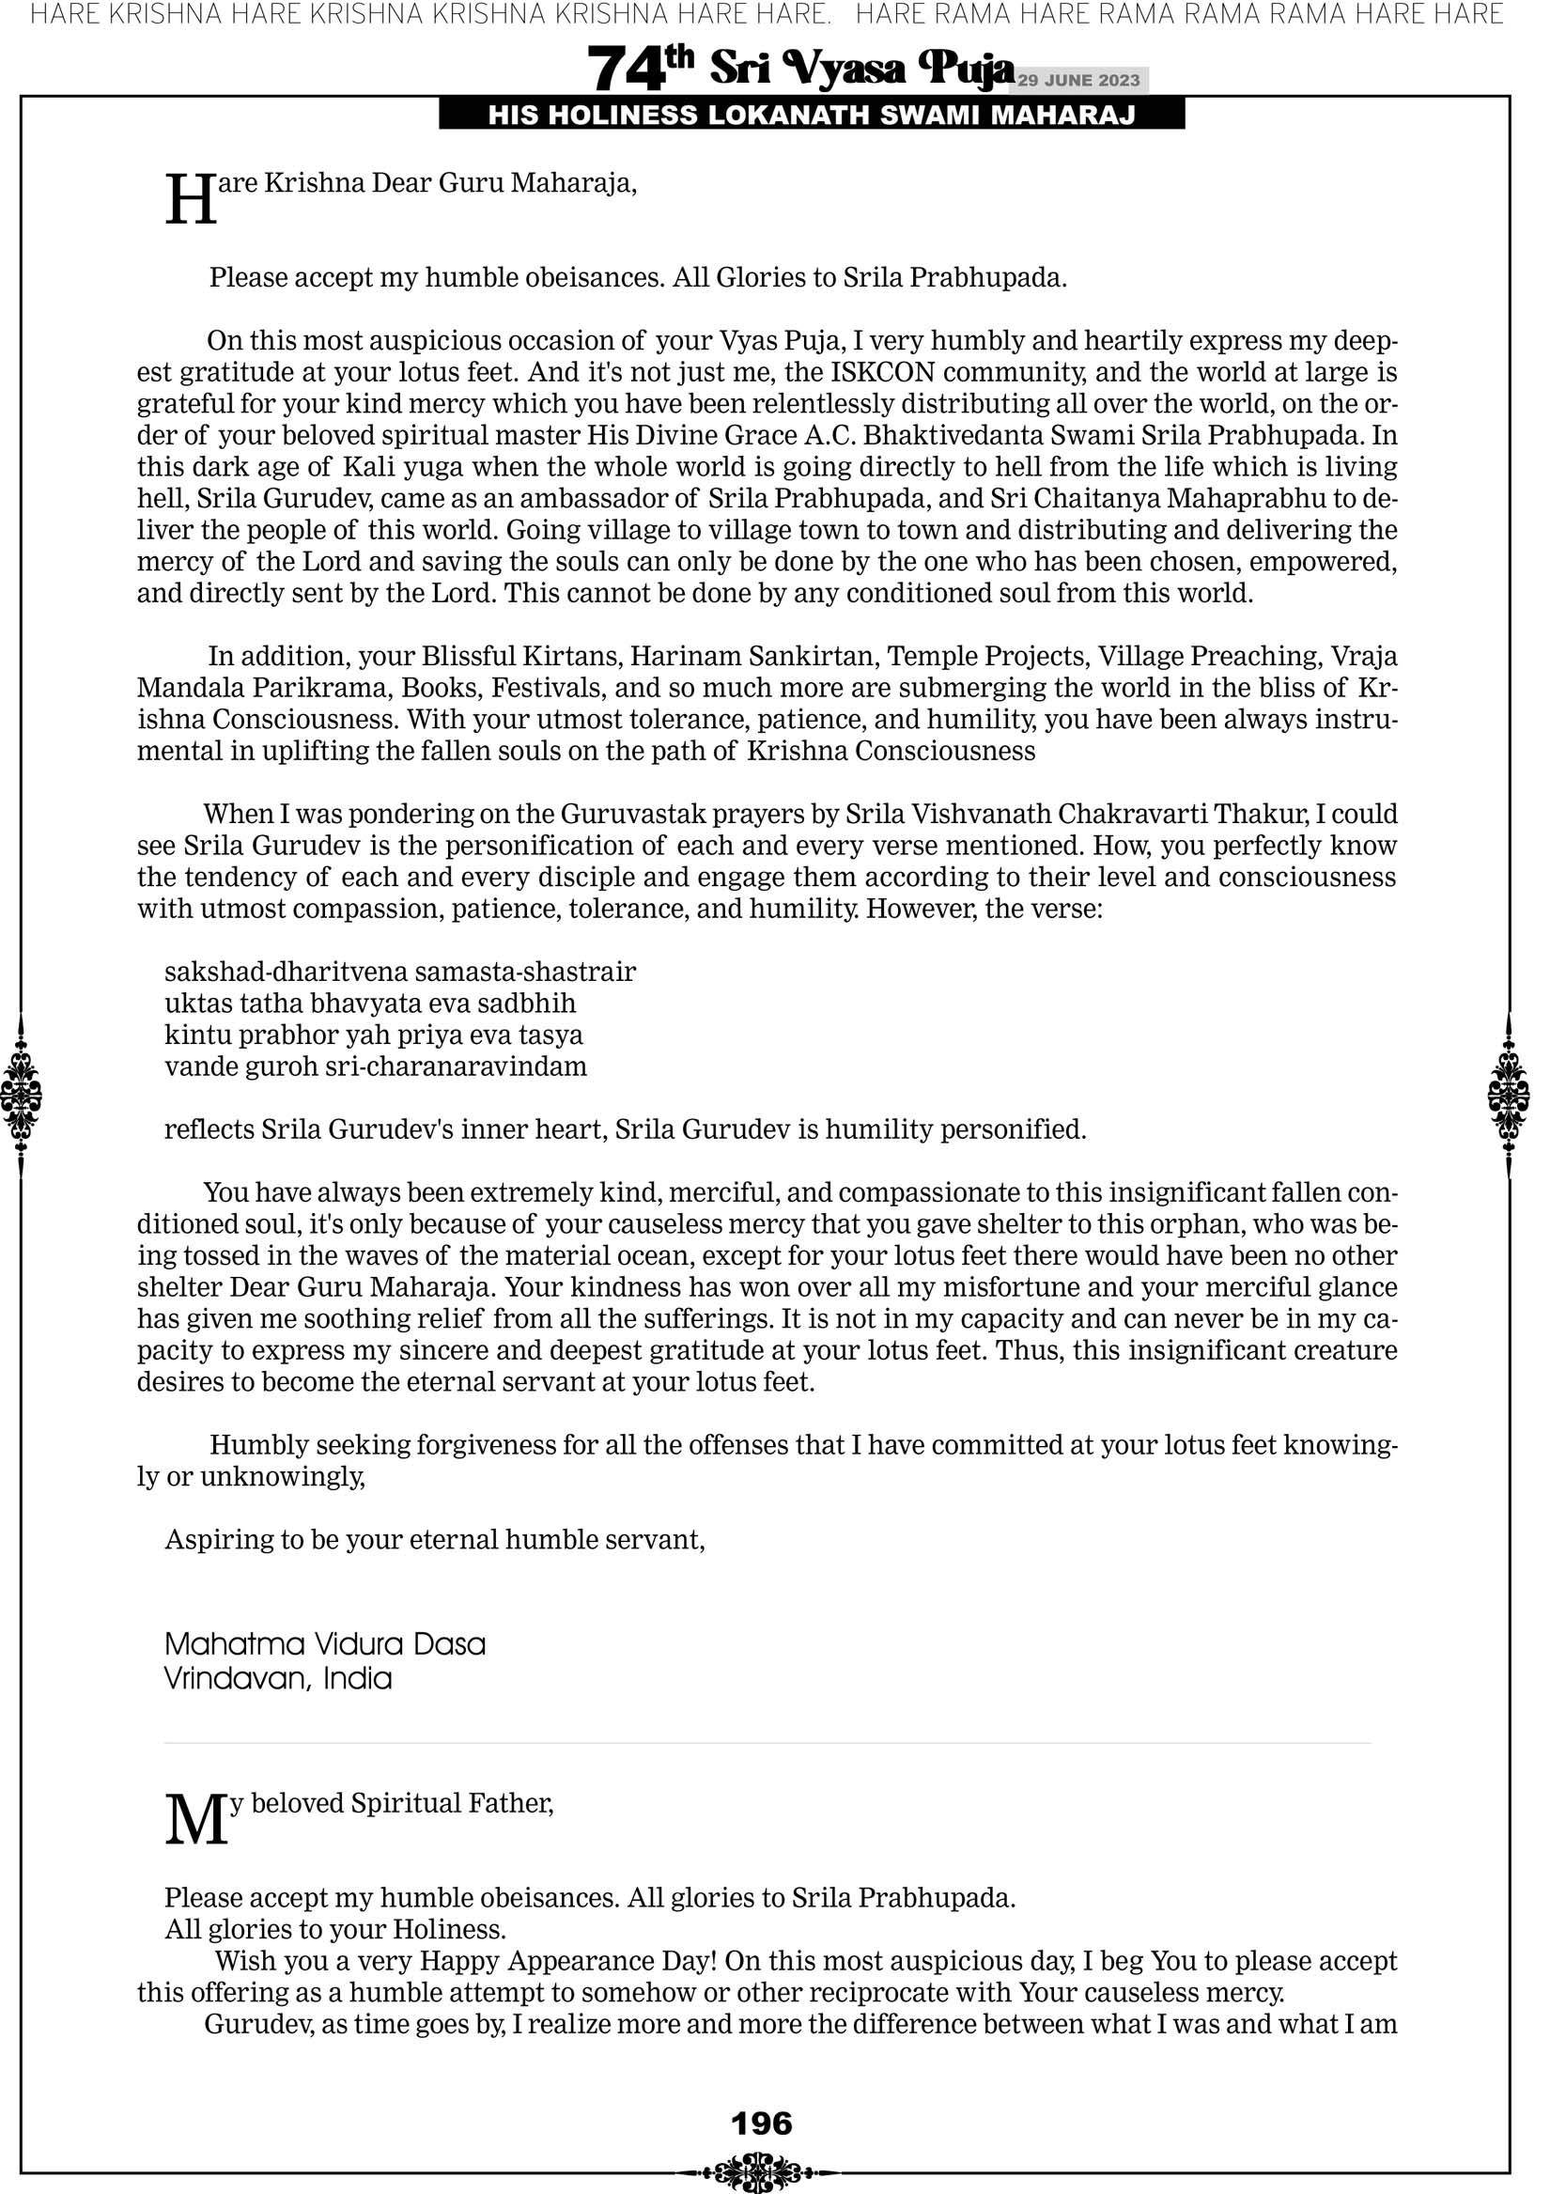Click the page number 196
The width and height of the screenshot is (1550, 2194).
(x=761, y=2124)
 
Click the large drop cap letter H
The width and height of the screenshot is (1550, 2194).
(x=191, y=201)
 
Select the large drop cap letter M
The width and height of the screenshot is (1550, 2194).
(x=197, y=1820)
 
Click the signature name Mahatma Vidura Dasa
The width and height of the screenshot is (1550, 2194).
(x=325, y=1644)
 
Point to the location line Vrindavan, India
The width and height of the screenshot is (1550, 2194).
(x=278, y=1679)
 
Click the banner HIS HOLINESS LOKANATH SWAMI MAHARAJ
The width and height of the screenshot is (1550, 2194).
(x=812, y=116)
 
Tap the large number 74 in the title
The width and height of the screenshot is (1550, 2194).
(x=625, y=70)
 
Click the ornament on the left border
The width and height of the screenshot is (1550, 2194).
(x=21, y=1095)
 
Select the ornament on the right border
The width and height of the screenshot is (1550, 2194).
(x=1509, y=1095)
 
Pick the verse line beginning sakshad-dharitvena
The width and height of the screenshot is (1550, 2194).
(x=399, y=972)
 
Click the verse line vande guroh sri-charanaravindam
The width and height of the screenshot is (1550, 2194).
(x=376, y=1066)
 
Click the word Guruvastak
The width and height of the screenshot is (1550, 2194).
(x=626, y=814)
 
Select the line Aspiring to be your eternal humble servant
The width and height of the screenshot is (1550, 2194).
(x=435, y=1539)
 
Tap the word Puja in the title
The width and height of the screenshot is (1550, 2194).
(x=965, y=68)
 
